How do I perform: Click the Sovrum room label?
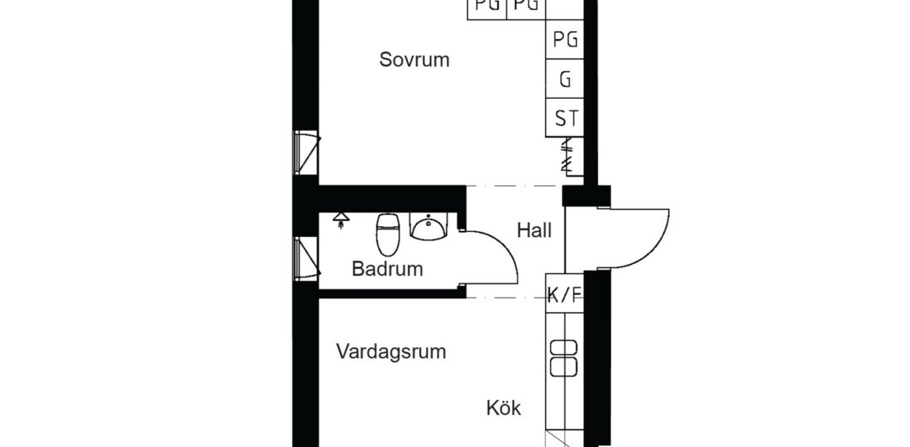[415, 60]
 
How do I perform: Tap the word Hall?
[534, 231]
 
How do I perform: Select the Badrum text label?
[387, 269]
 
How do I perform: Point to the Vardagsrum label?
[391, 352]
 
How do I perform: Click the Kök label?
[503, 408]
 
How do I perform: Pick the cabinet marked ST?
[565, 118]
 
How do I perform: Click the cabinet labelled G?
[565, 78]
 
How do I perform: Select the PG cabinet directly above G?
[565, 40]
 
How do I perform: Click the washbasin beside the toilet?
[429, 225]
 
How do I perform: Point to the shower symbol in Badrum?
[341, 220]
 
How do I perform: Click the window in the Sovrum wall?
[306, 153]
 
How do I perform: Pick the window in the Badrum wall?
[306, 259]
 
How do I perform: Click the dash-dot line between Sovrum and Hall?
[515, 186]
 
